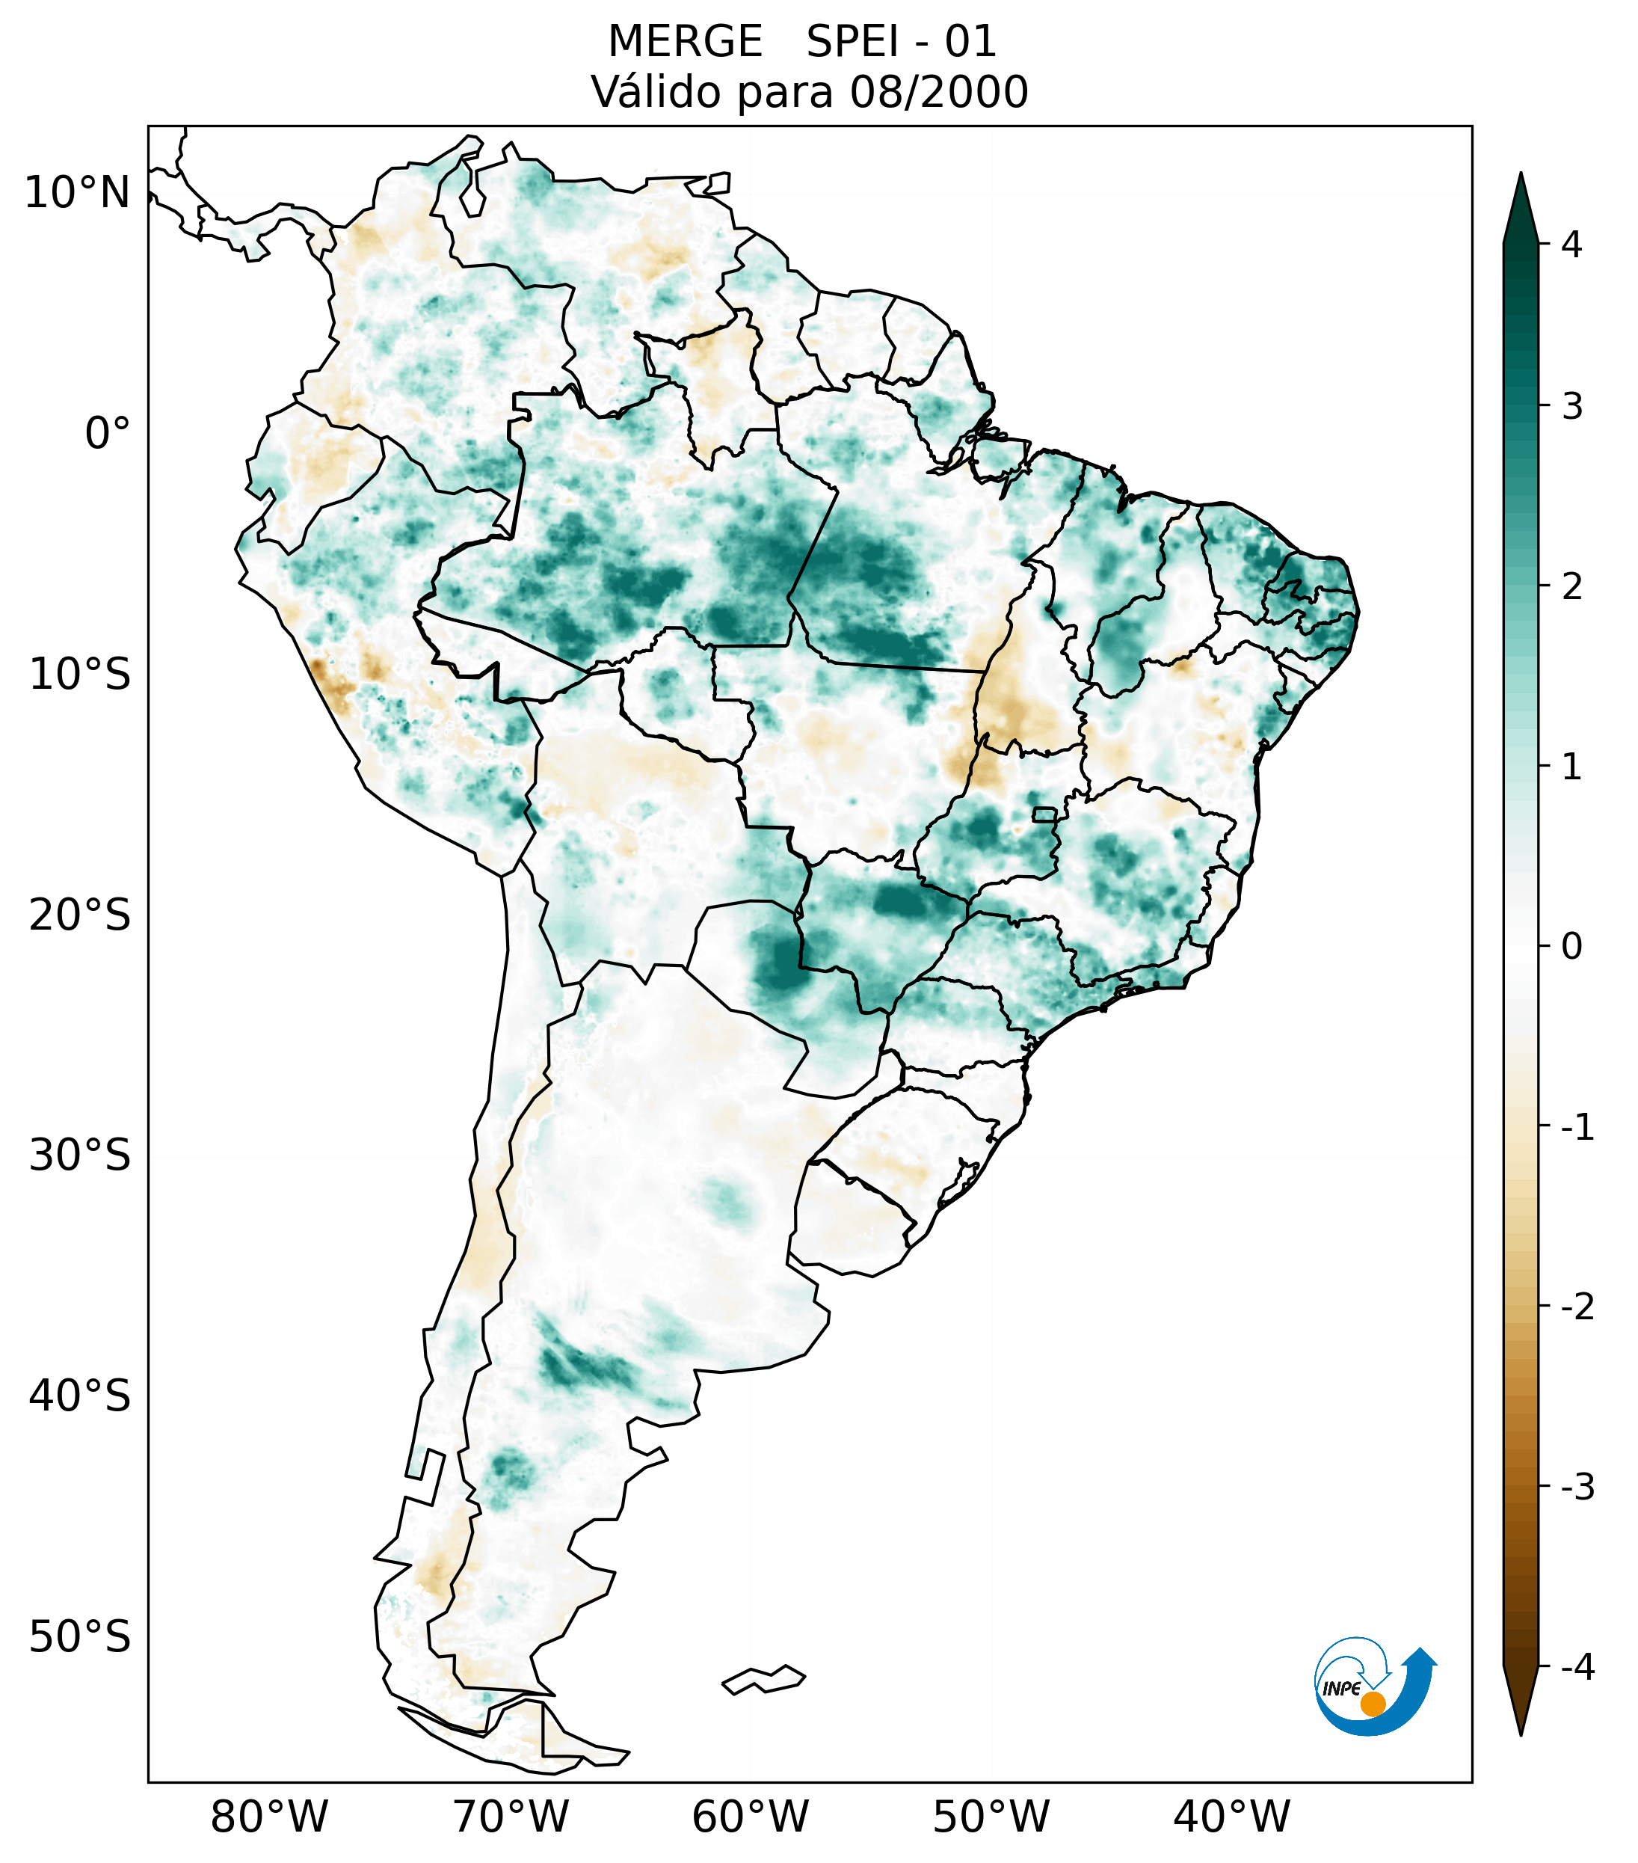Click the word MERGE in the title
pos(684,42)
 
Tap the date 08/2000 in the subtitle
pos(939,92)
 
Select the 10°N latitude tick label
pos(78,193)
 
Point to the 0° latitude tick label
pos(108,434)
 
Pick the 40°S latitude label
pos(80,1396)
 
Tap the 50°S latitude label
pos(80,1637)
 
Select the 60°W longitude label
pos(750,1817)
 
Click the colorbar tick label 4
pos(1571,245)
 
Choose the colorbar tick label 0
pos(1571,947)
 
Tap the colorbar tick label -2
pos(1577,1307)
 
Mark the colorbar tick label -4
pos(1577,1667)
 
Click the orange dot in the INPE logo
pos(1372,1704)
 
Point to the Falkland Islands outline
pos(763,1680)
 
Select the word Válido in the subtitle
pos(656,92)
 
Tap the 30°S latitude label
pos(80,1155)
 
